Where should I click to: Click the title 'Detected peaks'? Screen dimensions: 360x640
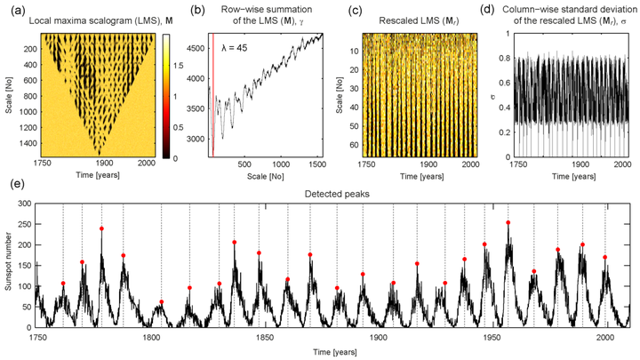[x=332, y=194]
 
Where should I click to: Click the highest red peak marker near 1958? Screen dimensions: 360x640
[x=508, y=222]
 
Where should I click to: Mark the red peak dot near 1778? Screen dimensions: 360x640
[x=102, y=228]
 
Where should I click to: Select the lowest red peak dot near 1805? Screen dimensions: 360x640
[x=161, y=302]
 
